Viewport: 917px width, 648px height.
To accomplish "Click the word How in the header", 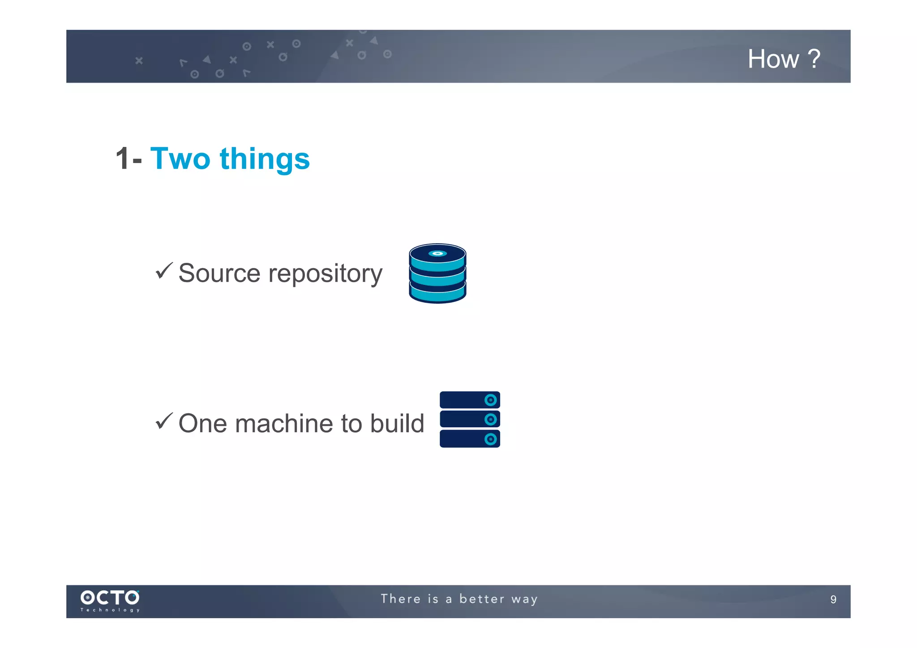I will pyautogui.click(x=773, y=59).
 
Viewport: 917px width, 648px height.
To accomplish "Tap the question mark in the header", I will pyautogui.click(x=814, y=59).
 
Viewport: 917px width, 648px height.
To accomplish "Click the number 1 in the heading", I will pyautogui.click(x=123, y=159).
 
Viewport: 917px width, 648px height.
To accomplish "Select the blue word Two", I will pyautogui.click(x=180, y=159).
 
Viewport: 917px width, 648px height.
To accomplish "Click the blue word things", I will pyautogui.click(x=264, y=159).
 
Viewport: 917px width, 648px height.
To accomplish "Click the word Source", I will pyautogui.click(x=219, y=273).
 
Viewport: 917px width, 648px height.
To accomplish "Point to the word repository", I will pyautogui.click(x=326, y=274).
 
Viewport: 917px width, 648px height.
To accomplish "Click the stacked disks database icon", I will pyautogui.click(x=437, y=273).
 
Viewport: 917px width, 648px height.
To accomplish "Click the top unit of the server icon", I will pyautogui.click(x=470, y=400).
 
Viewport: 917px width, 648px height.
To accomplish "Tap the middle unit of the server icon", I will pyautogui.click(x=470, y=419).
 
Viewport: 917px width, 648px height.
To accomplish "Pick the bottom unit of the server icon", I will pyautogui.click(x=470, y=439).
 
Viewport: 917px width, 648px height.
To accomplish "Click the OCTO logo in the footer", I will pyautogui.click(x=110, y=597).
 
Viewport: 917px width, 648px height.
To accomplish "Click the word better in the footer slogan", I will pyautogui.click(x=482, y=599).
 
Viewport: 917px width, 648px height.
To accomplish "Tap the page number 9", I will pyautogui.click(x=833, y=600).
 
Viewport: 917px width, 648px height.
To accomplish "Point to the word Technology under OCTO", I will pyautogui.click(x=110, y=610).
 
